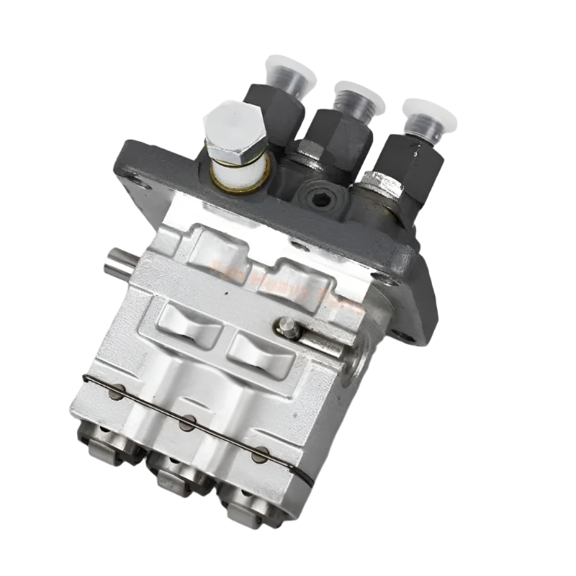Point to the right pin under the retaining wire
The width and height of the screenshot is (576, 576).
pyautogui.click(x=261, y=454)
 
